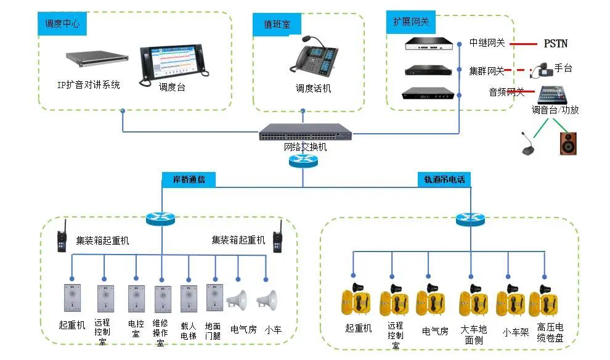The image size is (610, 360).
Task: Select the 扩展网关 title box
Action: pos(411,22)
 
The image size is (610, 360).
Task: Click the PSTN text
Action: pos(555,44)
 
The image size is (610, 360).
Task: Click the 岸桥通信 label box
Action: pos(189,179)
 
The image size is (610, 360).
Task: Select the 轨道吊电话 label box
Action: pos(444,179)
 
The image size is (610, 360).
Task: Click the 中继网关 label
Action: pos(487,43)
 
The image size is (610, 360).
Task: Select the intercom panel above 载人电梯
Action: pos(188,298)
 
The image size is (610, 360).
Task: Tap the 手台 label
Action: pos(563,68)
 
